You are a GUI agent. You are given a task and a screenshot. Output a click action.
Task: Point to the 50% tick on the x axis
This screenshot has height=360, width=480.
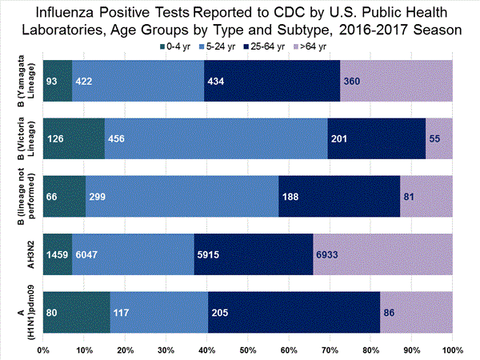[x=247, y=350]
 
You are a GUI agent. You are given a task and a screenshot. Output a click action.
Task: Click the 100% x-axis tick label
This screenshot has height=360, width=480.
[x=451, y=350]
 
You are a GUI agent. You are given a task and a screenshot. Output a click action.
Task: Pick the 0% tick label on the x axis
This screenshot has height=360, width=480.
[x=44, y=350]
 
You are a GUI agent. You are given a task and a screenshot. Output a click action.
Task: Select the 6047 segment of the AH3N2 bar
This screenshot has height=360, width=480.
[x=87, y=254]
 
